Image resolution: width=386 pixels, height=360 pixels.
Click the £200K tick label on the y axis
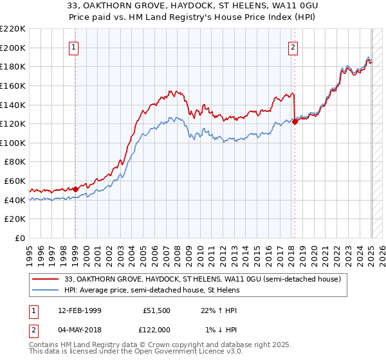click(14, 48)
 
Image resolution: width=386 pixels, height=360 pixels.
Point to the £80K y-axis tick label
click(15, 162)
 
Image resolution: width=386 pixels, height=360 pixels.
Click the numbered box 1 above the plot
click(75, 46)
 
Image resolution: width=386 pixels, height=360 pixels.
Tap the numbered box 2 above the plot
click(293, 46)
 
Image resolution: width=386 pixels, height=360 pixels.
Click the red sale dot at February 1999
click(75, 189)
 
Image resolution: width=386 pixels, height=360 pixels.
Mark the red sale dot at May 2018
click(295, 122)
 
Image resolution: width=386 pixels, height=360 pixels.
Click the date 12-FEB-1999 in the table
click(77, 310)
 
